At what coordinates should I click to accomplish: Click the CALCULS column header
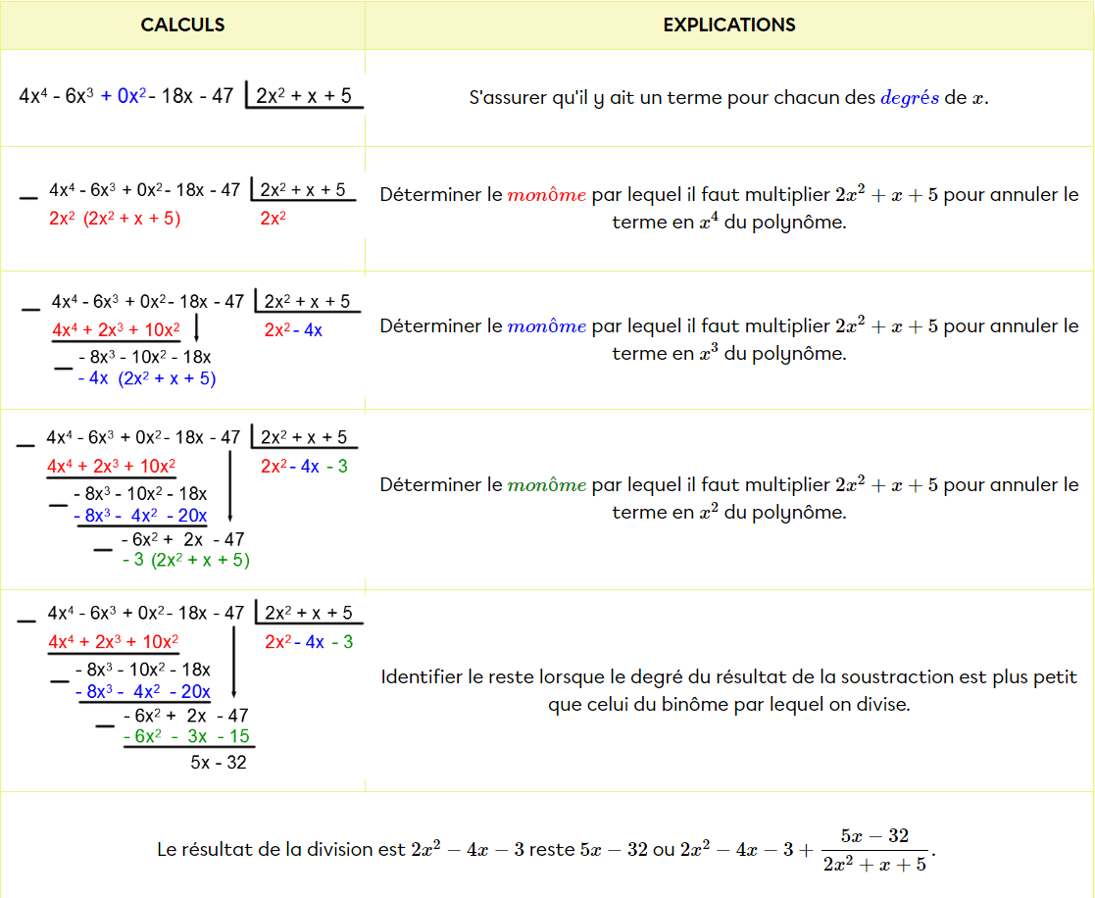tap(182, 25)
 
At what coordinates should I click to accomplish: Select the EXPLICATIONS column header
tap(729, 25)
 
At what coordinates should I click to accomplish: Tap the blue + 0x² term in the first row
tap(123, 96)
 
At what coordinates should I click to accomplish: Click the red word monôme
tap(547, 195)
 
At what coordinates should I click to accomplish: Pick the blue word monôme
tap(547, 326)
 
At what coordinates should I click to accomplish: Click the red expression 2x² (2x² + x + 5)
tap(115, 219)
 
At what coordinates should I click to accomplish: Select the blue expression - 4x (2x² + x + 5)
tap(146, 378)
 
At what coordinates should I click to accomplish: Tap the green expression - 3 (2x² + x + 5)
tap(186, 560)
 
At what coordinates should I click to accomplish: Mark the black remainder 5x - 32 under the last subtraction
tap(219, 762)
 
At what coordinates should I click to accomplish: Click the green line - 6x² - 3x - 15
tap(186, 736)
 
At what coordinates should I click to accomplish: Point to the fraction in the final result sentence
tap(870, 850)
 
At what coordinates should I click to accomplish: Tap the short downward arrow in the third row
tap(197, 327)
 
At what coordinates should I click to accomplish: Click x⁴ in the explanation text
tap(707, 222)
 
